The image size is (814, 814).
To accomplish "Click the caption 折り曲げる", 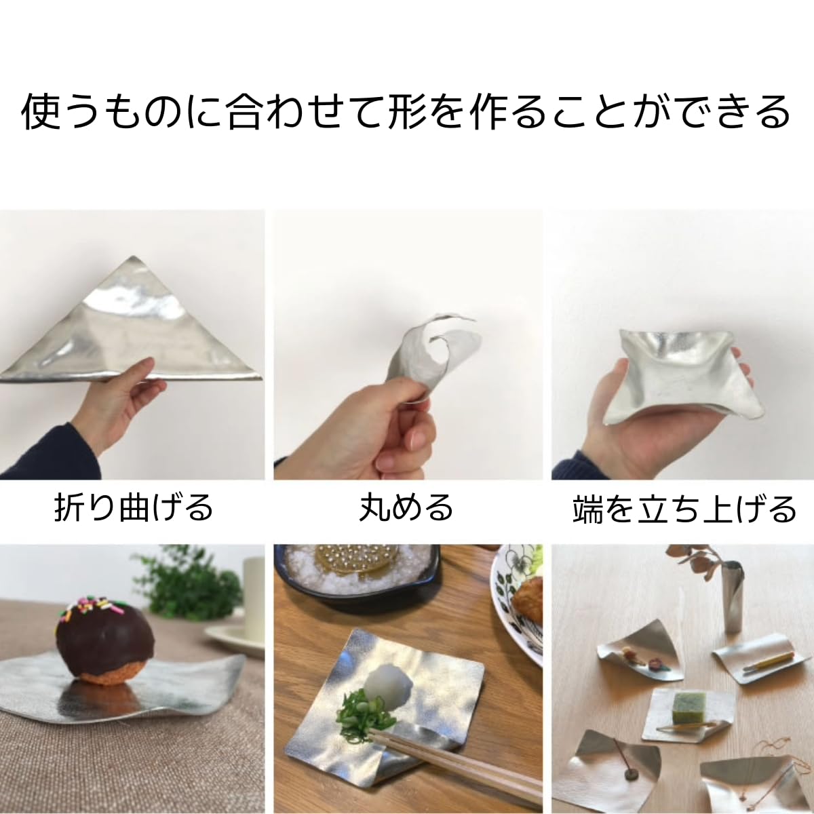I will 133,508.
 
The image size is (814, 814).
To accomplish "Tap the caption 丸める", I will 406,508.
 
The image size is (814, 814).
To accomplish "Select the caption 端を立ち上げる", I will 684,509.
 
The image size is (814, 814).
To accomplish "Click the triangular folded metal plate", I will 136,332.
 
